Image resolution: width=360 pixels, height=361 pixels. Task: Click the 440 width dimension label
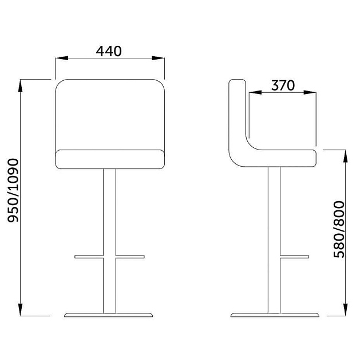(109, 51)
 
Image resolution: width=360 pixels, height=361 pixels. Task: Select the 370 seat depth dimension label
(283, 85)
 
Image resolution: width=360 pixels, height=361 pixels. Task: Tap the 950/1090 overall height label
(13, 190)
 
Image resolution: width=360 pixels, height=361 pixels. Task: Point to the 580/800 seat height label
(339, 229)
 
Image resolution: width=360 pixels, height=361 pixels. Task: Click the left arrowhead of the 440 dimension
(62, 58)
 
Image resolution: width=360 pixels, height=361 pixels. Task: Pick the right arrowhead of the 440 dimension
(158, 58)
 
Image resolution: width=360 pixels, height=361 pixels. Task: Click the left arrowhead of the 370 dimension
(255, 92)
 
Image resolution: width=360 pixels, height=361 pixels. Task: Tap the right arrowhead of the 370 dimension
(310, 92)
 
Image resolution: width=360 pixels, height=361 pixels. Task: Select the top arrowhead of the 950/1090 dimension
(21, 85)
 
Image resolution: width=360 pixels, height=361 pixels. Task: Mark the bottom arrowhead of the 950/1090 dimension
(21, 309)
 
